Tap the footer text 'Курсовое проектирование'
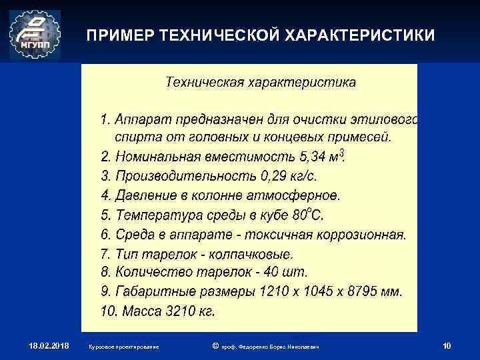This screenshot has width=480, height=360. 123,347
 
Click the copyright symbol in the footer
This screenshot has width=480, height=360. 214,345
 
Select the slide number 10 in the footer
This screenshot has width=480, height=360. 447,345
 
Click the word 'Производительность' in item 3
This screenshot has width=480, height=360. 175,177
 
